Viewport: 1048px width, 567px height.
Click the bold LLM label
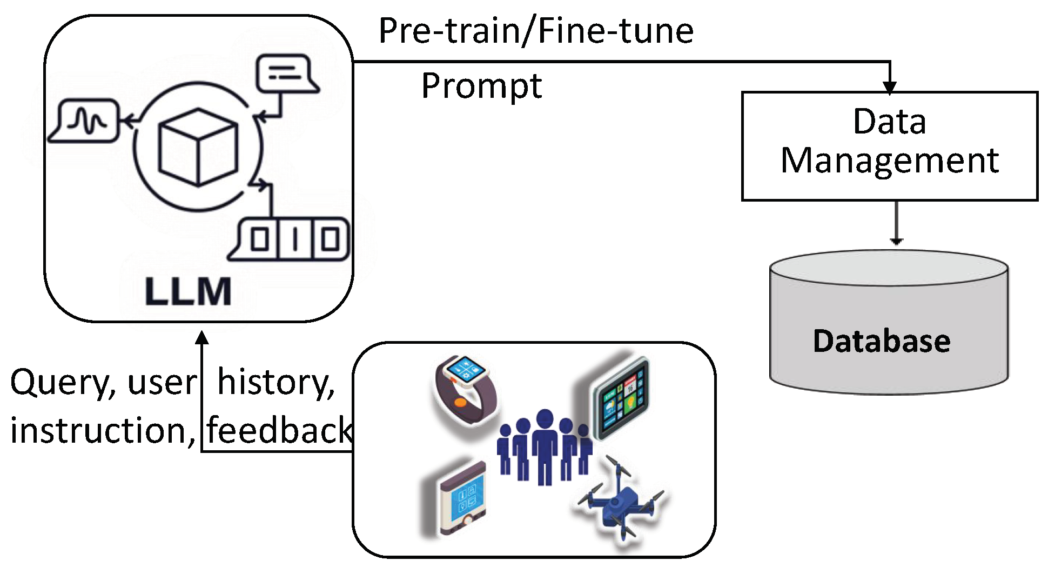point(188,292)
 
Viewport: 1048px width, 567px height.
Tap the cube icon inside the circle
point(198,147)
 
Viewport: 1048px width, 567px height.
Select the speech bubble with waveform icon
point(85,121)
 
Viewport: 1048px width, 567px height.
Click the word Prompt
point(481,86)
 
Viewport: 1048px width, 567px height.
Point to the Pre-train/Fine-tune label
point(535,31)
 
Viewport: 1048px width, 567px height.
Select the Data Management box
point(889,146)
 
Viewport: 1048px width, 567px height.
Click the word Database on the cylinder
point(881,341)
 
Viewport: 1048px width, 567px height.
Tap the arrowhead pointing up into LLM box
point(202,338)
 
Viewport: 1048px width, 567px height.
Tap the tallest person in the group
point(545,446)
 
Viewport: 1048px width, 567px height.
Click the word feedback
point(279,430)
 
